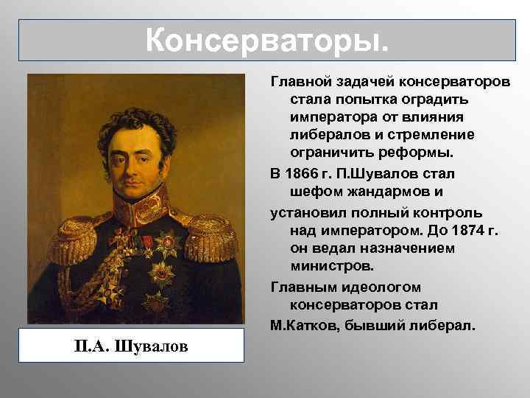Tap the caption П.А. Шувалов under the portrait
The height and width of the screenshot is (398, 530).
click(x=135, y=346)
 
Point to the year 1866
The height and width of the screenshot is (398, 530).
click(x=302, y=174)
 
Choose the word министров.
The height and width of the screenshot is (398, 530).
click(x=328, y=268)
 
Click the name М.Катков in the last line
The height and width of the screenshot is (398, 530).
click(x=302, y=324)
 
